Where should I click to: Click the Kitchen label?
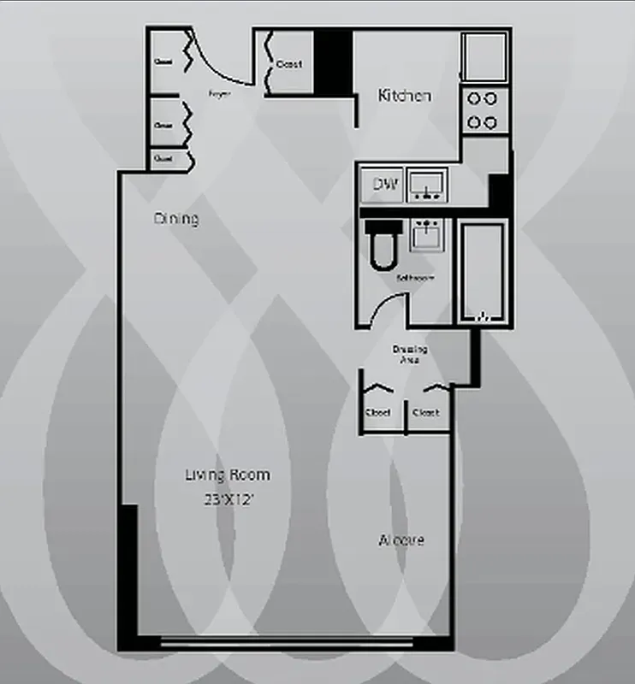click(x=405, y=96)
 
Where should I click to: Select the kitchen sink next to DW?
click(x=426, y=185)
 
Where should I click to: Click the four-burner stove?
click(x=483, y=110)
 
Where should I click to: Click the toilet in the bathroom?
click(x=381, y=244)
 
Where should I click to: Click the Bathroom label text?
click(x=415, y=279)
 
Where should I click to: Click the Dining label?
click(x=176, y=219)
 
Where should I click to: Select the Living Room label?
click(x=228, y=475)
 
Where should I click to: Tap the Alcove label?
click(x=401, y=540)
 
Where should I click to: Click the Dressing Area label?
click(x=410, y=355)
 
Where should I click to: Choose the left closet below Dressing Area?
click(x=378, y=411)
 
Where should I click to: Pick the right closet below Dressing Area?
click(x=426, y=411)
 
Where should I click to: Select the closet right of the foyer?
click(x=289, y=64)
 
